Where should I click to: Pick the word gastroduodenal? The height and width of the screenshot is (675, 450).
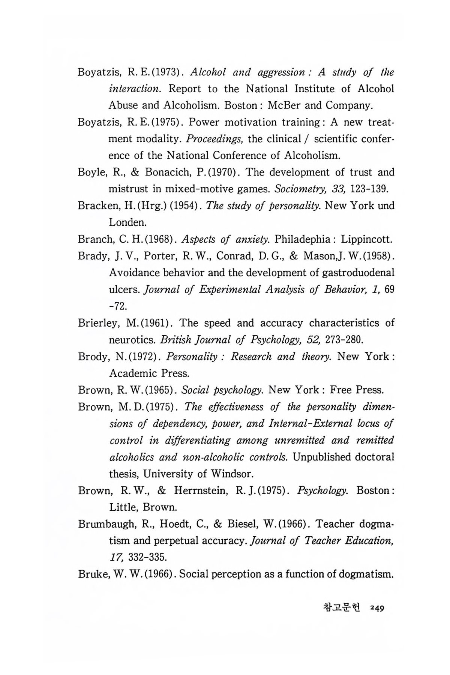[x=358, y=273]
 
